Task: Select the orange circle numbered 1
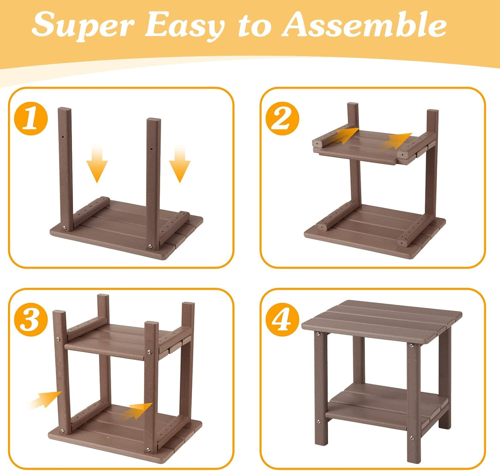coord(31,118)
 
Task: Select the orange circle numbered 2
coord(282,118)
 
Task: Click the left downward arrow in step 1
coord(97,164)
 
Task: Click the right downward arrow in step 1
coord(180,164)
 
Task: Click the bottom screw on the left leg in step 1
coord(65,228)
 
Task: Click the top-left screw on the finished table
coord(318,334)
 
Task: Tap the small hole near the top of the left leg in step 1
coord(63,137)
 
